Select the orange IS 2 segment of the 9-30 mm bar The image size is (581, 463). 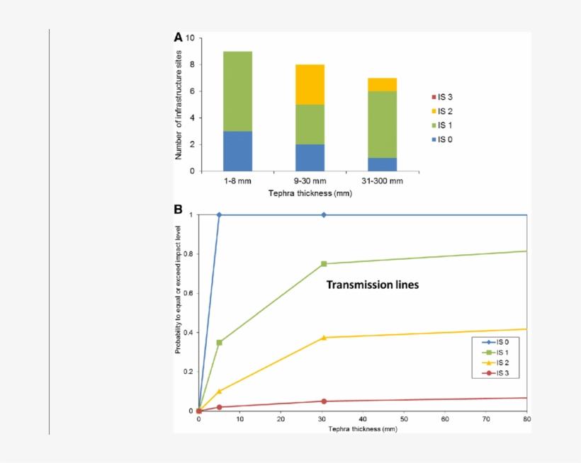point(310,84)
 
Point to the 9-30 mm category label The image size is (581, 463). point(310,181)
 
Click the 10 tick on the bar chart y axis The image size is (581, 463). point(189,38)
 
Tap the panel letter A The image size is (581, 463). point(179,37)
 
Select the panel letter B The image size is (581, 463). point(179,210)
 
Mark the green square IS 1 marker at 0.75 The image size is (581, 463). point(324,264)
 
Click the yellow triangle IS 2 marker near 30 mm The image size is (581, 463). point(324,337)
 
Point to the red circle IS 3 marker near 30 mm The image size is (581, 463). point(324,401)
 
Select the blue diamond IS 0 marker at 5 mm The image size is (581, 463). point(220,215)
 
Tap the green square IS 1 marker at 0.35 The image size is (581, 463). point(220,342)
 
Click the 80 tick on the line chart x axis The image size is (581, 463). point(526,420)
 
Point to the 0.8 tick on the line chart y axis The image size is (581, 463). point(189,253)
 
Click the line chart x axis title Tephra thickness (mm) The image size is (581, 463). point(362,429)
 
